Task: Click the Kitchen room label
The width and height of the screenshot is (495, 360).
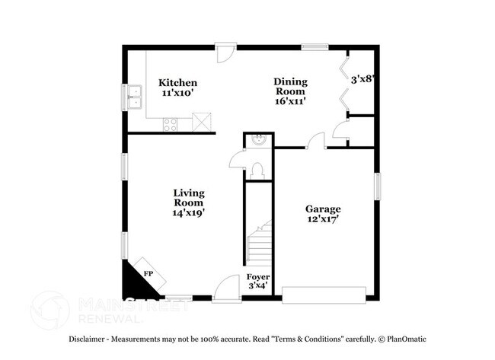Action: (x=177, y=83)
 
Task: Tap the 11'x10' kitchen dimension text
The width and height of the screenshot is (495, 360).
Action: (x=177, y=93)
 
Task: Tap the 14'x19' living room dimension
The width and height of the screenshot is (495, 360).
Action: (x=188, y=213)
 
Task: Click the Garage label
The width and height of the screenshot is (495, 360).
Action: (x=323, y=209)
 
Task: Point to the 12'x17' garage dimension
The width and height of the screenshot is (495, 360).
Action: (x=323, y=218)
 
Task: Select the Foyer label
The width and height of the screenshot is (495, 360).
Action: (x=257, y=277)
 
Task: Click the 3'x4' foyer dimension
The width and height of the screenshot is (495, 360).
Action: (x=257, y=286)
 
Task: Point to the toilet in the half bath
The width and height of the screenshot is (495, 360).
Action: (x=257, y=169)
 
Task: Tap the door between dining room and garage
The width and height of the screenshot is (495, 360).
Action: (x=317, y=142)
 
